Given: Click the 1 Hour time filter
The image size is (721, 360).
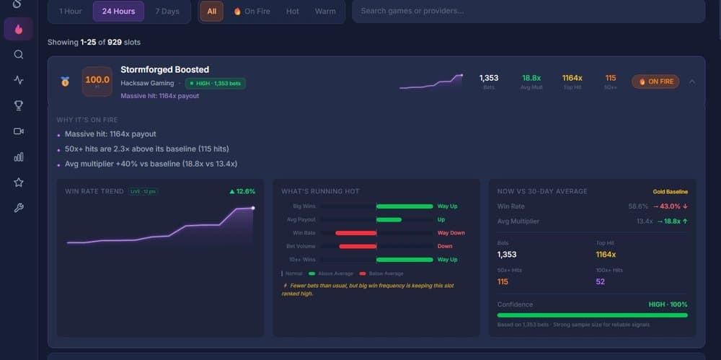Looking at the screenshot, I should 71,12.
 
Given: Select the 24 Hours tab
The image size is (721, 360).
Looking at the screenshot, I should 118,12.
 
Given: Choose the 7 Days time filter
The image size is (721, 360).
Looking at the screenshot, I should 167,12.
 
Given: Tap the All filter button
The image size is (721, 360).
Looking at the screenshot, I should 211,12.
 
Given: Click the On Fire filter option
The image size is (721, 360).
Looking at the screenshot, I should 252,12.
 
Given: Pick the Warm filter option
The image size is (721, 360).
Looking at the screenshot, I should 325,12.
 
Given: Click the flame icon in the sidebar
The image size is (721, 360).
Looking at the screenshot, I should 19,30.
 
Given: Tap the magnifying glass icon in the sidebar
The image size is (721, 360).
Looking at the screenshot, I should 19,55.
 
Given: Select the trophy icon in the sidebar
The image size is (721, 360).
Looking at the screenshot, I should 19,105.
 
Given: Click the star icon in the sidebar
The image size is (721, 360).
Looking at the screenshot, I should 19,183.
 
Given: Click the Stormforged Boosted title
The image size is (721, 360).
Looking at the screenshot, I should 164,69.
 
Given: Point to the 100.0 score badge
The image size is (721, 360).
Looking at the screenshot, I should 97,81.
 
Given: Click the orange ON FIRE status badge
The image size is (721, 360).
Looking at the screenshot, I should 655,82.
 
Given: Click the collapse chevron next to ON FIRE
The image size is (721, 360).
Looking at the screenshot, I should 692,82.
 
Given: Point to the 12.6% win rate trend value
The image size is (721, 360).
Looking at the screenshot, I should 242,191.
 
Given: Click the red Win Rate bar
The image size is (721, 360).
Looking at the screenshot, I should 356,233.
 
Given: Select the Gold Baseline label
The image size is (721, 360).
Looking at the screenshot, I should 670,192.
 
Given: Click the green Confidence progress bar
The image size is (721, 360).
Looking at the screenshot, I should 592,315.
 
